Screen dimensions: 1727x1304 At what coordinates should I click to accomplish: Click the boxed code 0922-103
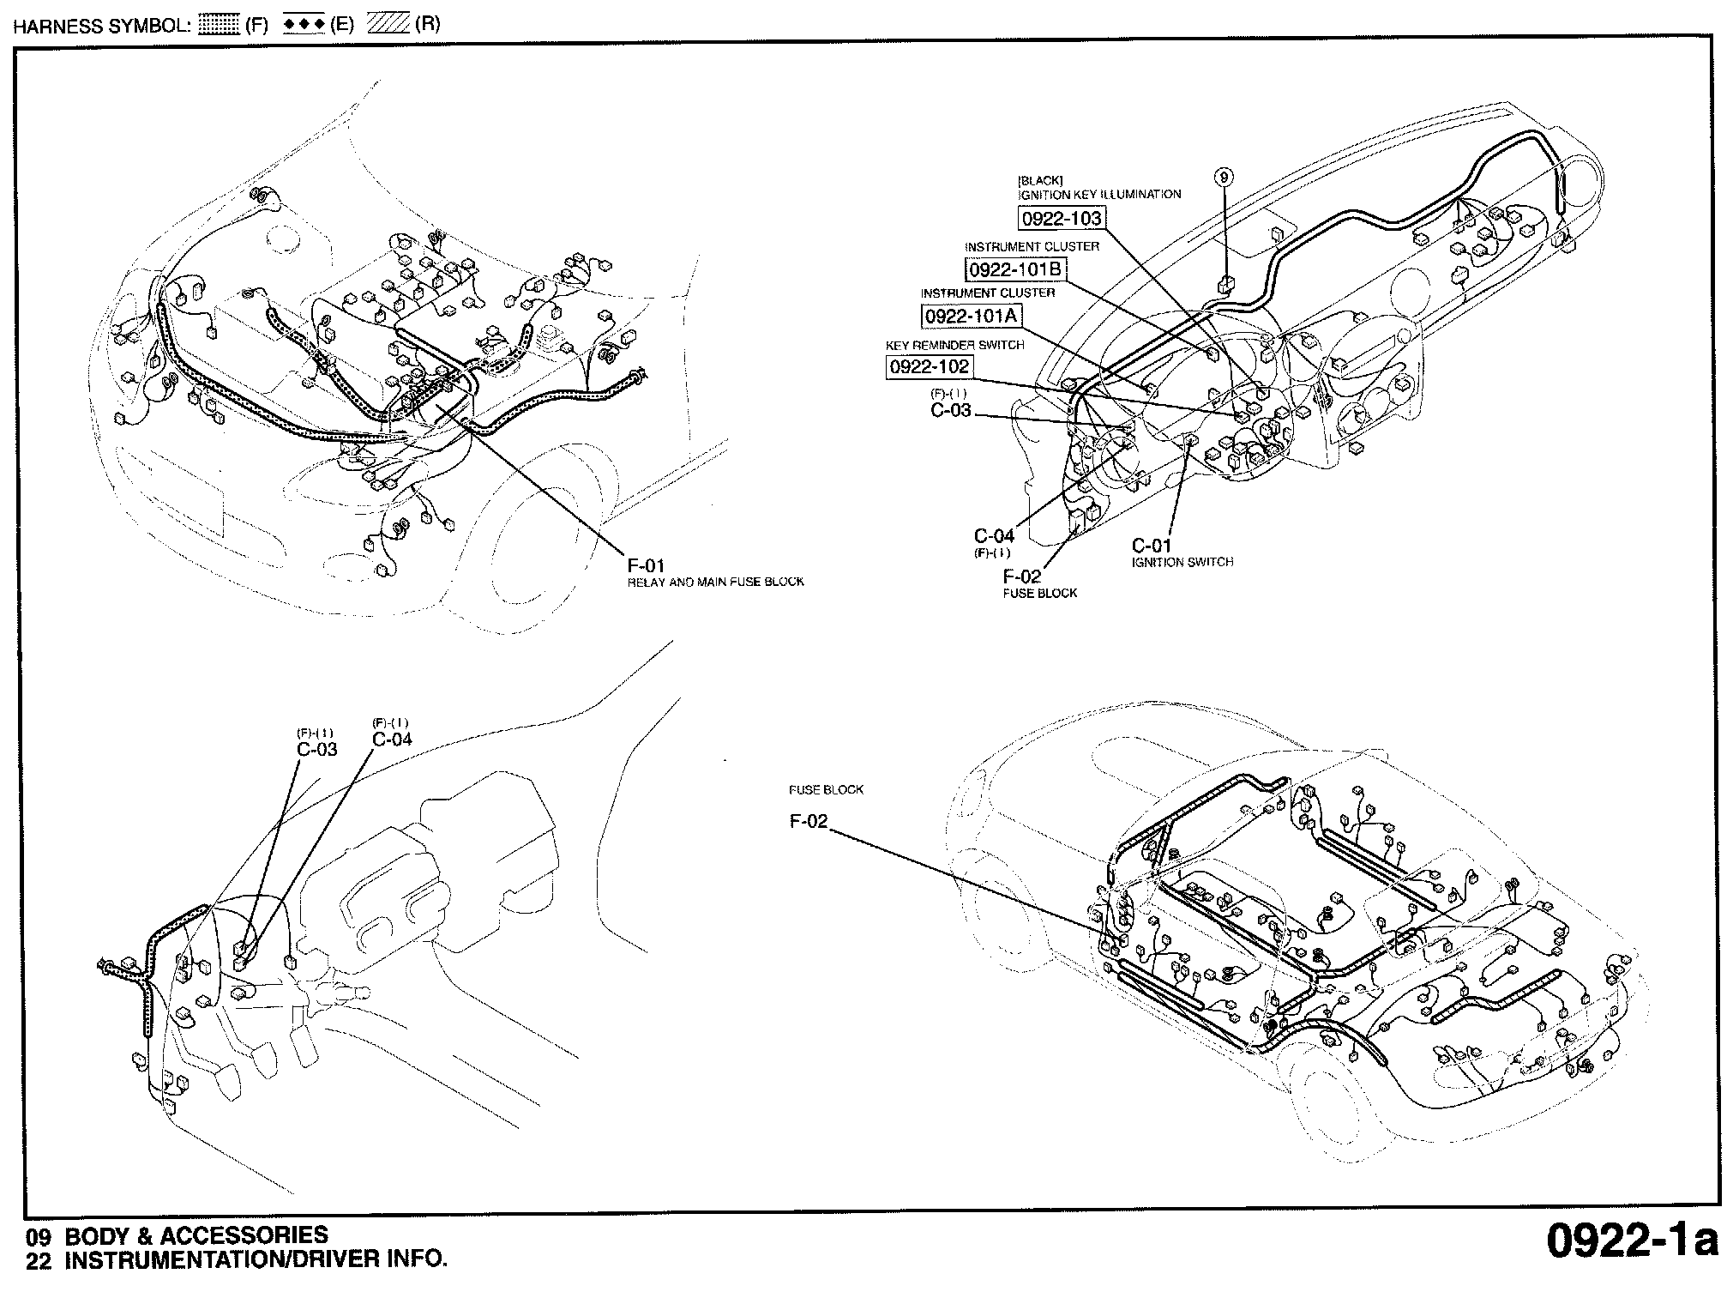pyautogui.click(x=1062, y=219)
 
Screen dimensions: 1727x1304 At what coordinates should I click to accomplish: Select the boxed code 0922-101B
pyautogui.click(x=1015, y=269)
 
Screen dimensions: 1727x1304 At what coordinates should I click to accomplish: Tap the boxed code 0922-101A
pyautogui.click(x=972, y=316)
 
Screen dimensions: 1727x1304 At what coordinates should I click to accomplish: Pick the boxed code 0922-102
pyautogui.click(x=930, y=367)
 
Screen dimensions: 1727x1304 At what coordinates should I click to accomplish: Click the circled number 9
pyautogui.click(x=1225, y=178)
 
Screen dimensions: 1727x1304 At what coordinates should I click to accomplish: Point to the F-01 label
pyautogui.click(x=646, y=566)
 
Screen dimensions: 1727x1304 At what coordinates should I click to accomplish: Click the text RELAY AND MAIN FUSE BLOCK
pyautogui.click(x=716, y=582)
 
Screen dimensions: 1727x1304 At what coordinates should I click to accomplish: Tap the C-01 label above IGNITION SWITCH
pyautogui.click(x=1152, y=546)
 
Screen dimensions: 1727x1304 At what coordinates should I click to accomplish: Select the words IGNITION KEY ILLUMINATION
pyautogui.click(x=1099, y=195)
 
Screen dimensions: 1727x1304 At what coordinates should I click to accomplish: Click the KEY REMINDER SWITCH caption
pyautogui.click(x=954, y=345)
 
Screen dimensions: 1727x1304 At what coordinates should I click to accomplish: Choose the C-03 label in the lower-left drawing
pyautogui.click(x=317, y=749)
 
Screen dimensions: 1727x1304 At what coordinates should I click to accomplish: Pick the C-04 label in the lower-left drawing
pyautogui.click(x=392, y=740)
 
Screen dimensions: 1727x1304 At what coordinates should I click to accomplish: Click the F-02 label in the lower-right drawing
pyautogui.click(x=809, y=822)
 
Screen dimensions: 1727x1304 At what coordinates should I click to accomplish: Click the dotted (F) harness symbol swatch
pyautogui.click(x=219, y=25)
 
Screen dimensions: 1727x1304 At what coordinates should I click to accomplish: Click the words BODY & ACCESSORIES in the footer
pyautogui.click(x=196, y=1235)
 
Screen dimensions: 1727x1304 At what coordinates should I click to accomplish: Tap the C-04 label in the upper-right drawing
pyautogui.click(x=994, y=536)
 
